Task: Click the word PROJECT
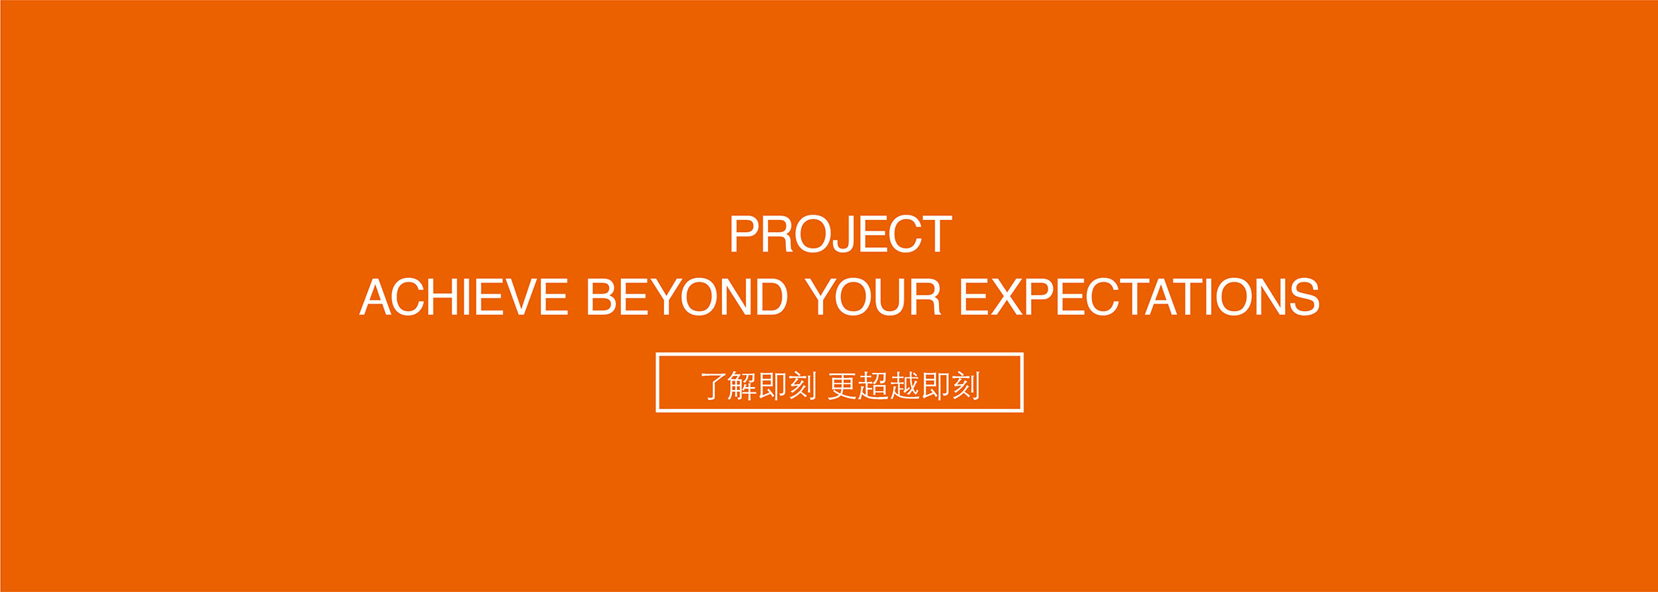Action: pyautogui.click(x=840, y=235)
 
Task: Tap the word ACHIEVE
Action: pyautogui.click(x=463, y=298)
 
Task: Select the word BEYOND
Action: pyautogui.click(x=687, y=298)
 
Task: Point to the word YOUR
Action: pyautogui.click(x=873, y=298)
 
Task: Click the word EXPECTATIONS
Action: pyautogui.click(x=1139, y=298)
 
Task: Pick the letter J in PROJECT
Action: pyautogui.click(x=848, y=235)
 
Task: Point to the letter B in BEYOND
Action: pyautogui.click(x=602, y=298)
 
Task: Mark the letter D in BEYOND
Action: pyautogui.click(x=771, y=298)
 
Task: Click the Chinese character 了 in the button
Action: pyautogui.click(x=713, y=386)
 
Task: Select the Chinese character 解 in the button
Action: pyautogui.click(x=742, y=386)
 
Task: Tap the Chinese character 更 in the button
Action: pyautogui.click(x=843, y=386)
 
